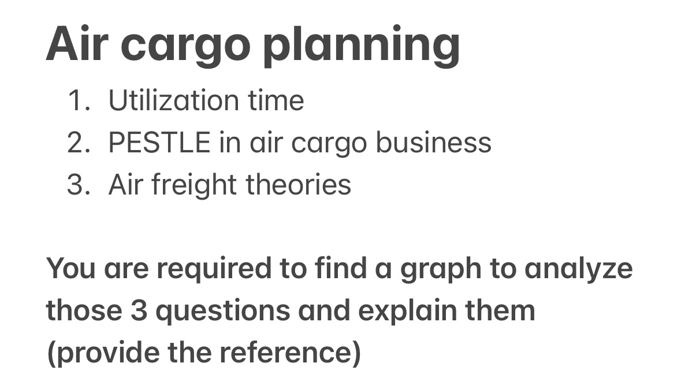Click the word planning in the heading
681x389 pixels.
tap(362, 45)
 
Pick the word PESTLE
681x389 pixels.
tap(159, 143)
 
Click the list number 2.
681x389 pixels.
tap(79, 143)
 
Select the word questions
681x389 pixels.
tap(222, 312)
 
